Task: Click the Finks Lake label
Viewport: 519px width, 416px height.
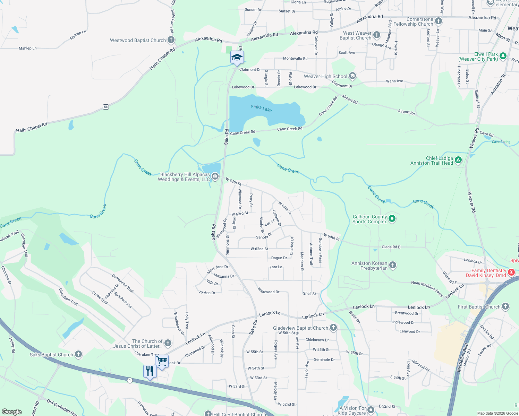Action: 262,109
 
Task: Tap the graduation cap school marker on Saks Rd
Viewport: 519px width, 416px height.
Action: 237,58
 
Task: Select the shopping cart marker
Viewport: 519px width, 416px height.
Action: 162,361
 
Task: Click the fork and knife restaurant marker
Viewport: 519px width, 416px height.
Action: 150,371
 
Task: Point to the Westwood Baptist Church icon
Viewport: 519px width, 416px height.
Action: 171,40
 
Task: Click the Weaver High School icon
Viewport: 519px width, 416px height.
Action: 352,76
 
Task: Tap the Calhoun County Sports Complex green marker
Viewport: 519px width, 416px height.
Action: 392,219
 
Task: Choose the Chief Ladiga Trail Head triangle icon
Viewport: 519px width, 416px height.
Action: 458,160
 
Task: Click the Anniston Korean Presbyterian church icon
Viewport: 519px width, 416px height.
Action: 393,265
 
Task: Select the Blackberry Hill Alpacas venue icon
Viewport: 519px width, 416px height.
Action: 215,176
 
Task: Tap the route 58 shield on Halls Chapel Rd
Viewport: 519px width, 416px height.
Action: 106,107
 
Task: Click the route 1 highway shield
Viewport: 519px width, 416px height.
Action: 130,380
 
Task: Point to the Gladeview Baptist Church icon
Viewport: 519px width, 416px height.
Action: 333,327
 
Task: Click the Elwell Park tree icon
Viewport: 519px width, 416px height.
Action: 503,56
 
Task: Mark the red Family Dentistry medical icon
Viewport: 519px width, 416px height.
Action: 511,272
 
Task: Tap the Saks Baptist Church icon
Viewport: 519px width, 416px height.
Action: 78,354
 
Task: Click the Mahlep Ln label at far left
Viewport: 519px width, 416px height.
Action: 27,49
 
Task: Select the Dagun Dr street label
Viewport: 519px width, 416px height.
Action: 279,258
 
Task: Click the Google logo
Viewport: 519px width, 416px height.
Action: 12,412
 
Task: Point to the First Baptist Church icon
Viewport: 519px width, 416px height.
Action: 505,306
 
